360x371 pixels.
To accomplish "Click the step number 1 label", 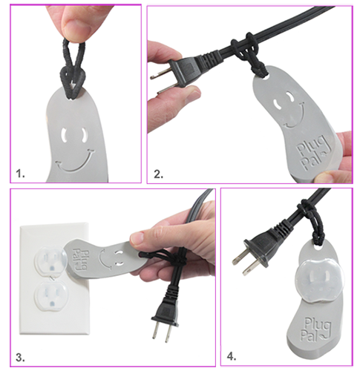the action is (x=20, y=174).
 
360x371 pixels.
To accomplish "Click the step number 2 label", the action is (x=158, y=174).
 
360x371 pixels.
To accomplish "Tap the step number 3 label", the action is (x=20, y=358).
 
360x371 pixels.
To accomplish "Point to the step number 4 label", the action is (x=232, y=357).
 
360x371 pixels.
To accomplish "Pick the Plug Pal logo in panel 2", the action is (x=312, y=154).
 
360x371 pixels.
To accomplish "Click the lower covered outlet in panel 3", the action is (x=50, y=296).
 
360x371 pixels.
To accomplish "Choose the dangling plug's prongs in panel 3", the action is (x=162, y=332).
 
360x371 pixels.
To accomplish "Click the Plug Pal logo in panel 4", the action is (x=315, y=329).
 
